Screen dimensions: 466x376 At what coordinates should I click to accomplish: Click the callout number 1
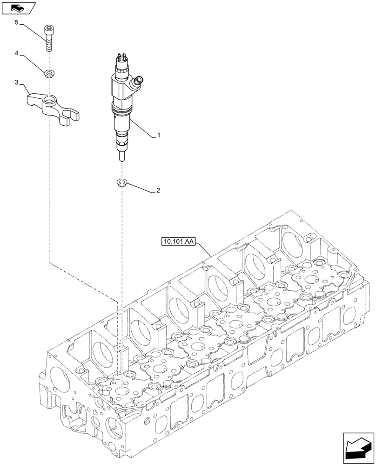point(159,136)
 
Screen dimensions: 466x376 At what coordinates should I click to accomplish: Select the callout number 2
point(159,191)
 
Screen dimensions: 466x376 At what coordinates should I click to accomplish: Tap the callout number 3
point(17,83)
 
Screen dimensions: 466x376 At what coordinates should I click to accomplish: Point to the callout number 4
point(17,54)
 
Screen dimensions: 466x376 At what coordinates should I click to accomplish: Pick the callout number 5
point(17,22)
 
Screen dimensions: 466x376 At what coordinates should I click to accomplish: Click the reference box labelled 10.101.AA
point(179,241)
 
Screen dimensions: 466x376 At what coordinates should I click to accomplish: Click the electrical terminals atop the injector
point(120,59)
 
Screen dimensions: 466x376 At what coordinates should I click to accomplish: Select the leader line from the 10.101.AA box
point(205,250)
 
